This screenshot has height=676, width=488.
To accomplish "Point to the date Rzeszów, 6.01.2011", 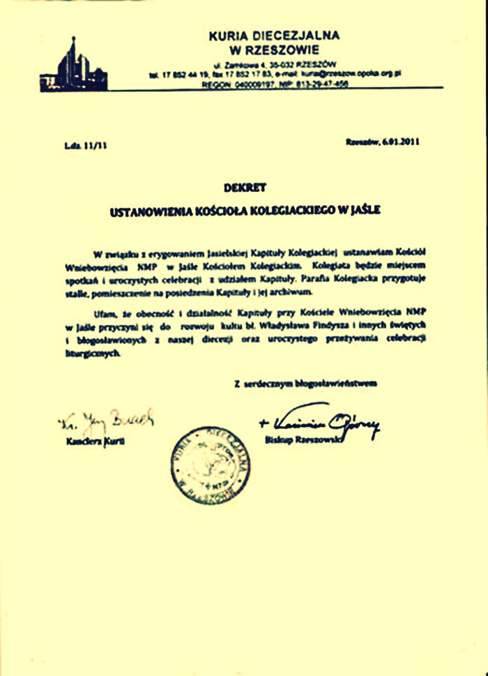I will (382, 142).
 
